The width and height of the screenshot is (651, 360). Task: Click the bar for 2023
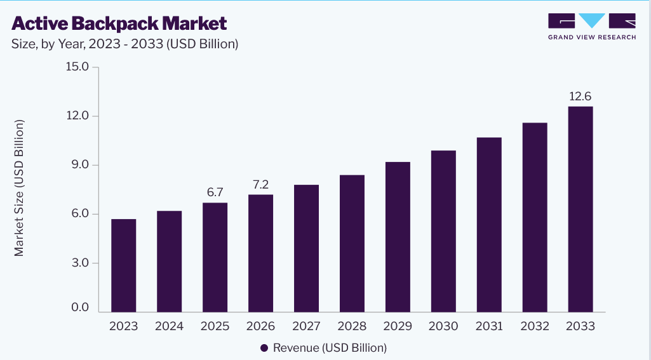(124, 265)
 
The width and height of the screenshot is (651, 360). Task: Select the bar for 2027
(306, 248)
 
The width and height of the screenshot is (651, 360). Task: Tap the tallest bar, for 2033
(581, 210)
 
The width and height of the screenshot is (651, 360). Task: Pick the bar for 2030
(443, 231)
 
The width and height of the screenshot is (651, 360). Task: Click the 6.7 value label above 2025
(215, 192)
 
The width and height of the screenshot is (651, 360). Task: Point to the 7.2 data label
(261, 184)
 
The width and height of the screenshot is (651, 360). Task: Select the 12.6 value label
(580, 97)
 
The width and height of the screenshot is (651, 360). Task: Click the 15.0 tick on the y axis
(77, 67)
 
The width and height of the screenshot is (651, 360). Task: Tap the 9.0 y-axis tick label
(80, 165)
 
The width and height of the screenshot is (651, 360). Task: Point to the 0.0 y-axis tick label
(80, 307)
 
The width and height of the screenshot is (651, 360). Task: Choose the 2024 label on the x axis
(170, 326)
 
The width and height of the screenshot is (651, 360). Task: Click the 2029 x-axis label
(398, 326)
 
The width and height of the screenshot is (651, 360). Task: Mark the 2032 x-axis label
(535, 326)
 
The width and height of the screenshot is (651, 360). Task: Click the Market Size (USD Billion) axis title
(19, 188)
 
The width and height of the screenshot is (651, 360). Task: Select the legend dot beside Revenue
(264, 348)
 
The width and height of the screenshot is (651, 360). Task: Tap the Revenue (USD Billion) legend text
(330, 348)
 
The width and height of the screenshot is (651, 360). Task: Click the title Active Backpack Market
(119, 23)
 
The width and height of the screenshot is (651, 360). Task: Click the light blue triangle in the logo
(592, 20)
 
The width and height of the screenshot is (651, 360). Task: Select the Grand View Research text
(592, 37)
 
